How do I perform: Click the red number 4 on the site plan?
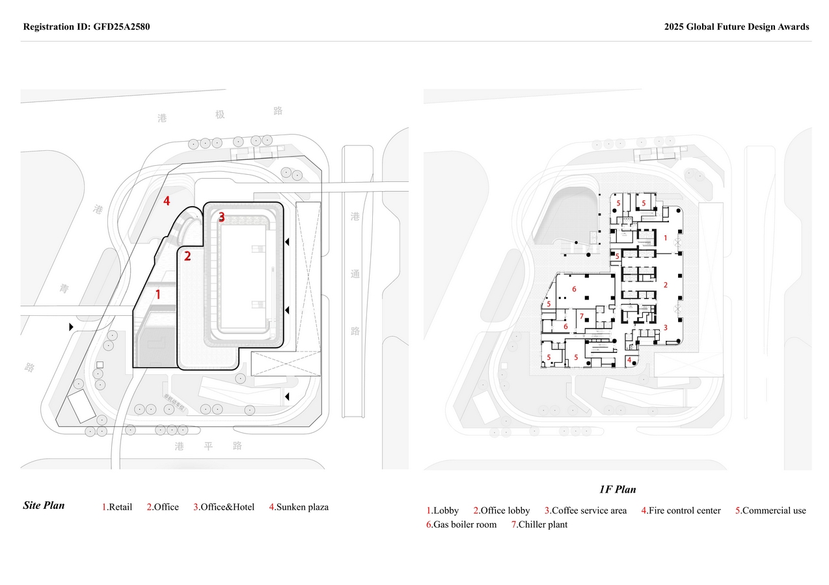(167, 201)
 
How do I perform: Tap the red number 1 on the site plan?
(157, 294)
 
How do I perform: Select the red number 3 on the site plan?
(221, 217)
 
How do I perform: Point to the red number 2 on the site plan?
(187, 256)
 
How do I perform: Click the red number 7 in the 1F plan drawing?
(582, 317)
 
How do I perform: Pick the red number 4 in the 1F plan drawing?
(629, 359)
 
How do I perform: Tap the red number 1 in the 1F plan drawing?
(665, 238)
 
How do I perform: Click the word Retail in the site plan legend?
(120, 507)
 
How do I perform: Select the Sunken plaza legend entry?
(302, 507)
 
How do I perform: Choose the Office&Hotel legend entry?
(227, 507)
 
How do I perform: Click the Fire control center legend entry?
(685, 510)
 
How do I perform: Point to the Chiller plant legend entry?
(543, 525)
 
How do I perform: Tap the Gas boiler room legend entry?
(465, 525)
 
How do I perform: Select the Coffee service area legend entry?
(589, 510)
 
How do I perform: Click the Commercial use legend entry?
(774, 510)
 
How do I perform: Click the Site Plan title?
(44, 505)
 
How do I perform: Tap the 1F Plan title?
(618, 489)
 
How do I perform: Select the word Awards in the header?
(793, 27)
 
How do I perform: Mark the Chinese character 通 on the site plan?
(355, 274)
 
